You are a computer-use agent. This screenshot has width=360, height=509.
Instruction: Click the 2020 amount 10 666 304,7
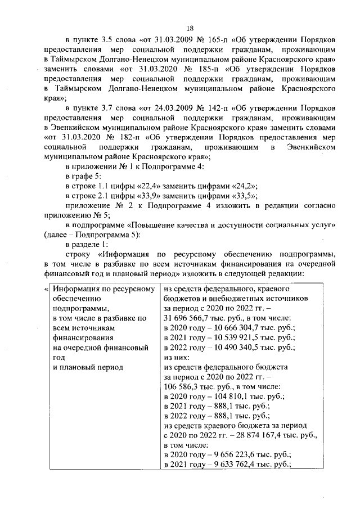pos(236,328)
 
